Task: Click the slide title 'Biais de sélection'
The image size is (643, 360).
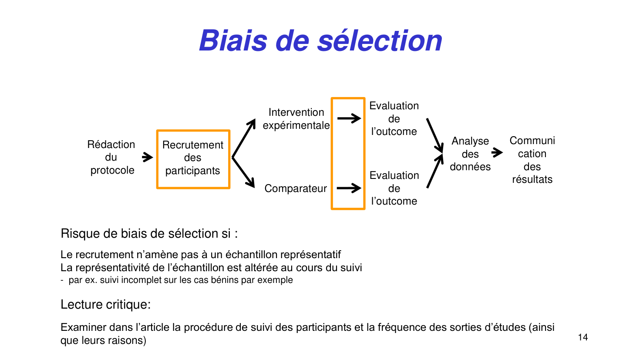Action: [321, 40]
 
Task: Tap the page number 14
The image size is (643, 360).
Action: [582, 337]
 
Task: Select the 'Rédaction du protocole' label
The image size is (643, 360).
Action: [111, 157]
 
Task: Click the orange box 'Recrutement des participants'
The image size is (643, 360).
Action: [193, 158]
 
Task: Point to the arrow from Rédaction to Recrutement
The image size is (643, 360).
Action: [148, 157]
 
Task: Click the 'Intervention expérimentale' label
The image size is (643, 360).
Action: [296, 119]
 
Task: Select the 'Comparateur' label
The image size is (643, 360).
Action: [296, 188]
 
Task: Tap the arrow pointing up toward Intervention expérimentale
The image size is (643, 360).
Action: [244, 138]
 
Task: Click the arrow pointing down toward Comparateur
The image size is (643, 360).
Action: [244, 173]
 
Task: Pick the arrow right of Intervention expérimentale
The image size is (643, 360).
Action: [349, 118]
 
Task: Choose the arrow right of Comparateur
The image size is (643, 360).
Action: [349, 188]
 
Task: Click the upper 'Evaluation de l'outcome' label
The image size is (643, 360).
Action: [394, 118]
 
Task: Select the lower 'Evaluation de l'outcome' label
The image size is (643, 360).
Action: [394, 188]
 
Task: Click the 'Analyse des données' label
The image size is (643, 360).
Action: [470, 154]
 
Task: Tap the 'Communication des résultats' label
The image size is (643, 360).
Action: [532, 160]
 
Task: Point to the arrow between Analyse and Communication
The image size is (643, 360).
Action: [497, 153]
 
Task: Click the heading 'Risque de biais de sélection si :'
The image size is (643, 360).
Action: [149, 234]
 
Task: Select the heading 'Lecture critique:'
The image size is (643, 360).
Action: [106, 305]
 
